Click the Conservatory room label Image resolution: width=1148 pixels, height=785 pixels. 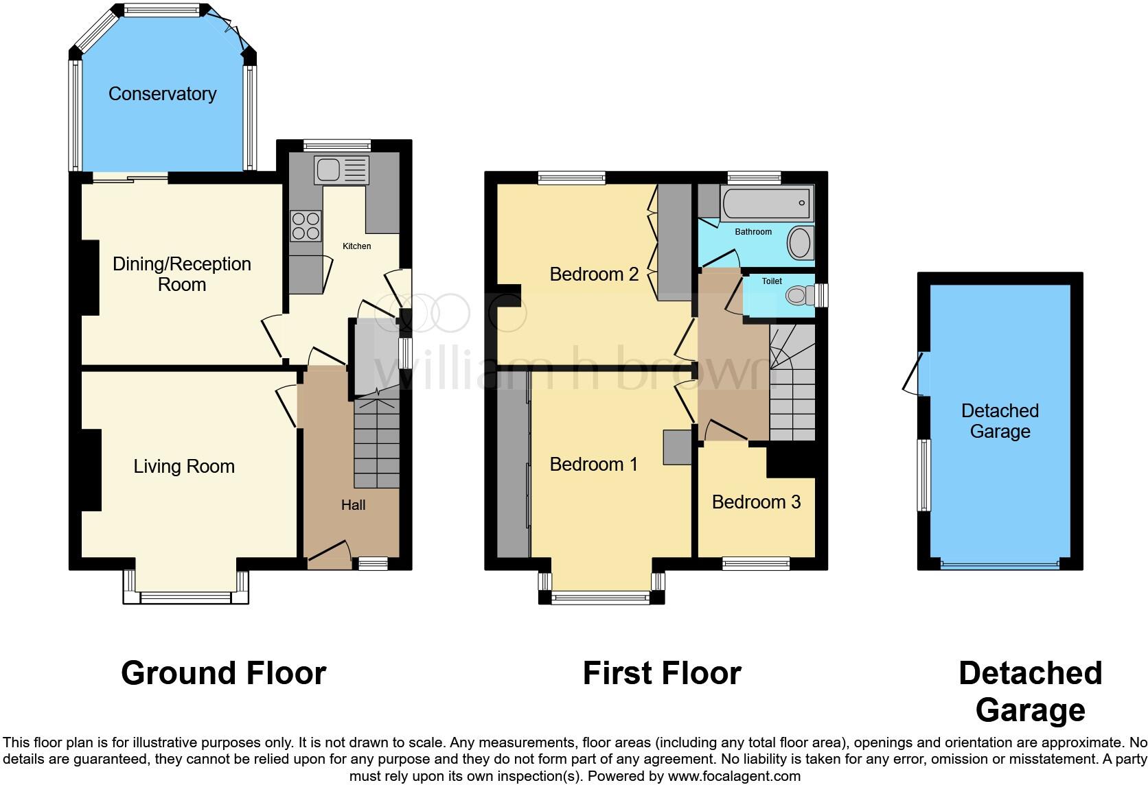click(x=162, y=94)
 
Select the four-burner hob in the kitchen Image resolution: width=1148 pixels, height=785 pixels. click(x=306, y=226)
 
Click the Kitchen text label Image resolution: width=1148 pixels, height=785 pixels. click(x=356, y=246)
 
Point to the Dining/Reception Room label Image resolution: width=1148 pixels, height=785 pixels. click(x=182, y=274)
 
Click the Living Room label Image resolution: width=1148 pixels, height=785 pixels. click(x=184, y=467)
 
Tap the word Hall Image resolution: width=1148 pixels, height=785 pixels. click(x=353, y=505)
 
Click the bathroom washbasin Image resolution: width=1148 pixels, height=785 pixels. click(x=799, y=243)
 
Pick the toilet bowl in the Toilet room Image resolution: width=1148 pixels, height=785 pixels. click(x=796, y=296)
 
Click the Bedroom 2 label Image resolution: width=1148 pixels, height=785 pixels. click(x=594, y=274)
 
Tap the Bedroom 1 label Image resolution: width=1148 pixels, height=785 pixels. click(x=593, y=465)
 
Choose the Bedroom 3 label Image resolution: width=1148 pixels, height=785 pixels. click(x=756, y=502)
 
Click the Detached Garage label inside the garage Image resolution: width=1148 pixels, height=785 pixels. click(x=1000, y=421)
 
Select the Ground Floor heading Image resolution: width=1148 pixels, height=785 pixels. click(x=223, y=673)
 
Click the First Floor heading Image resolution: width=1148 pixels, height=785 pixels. click(x=661, y=673)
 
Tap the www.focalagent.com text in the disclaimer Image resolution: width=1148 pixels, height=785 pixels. click(x=733, y=776)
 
